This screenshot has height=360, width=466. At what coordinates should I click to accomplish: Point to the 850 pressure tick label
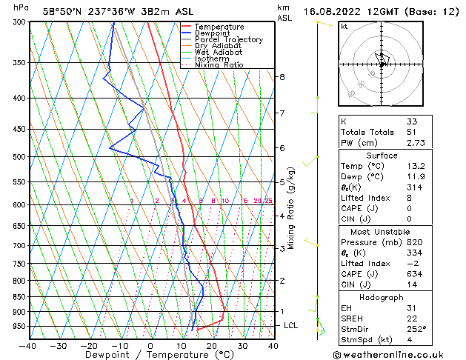(x=19, y=297)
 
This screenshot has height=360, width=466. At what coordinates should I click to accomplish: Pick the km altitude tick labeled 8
(x=282, y=77)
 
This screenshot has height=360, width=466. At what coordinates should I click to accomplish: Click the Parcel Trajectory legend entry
(x=227, y=39)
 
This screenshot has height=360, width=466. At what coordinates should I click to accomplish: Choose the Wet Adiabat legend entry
(x=218, y=52)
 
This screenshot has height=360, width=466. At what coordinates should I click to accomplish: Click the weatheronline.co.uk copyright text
(x=393, y=353)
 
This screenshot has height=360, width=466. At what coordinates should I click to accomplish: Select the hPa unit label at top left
(x=21, y=7)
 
